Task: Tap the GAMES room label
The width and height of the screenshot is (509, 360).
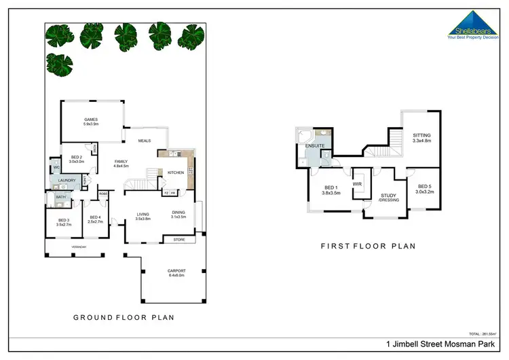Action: pos(91,122)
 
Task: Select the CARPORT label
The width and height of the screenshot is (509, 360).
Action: pos(176,273)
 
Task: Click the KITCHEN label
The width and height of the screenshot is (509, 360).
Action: pos(176,173)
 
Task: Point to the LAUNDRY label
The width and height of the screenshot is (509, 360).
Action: pos(67,180)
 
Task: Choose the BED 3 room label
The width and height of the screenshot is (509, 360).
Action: pos(64,221)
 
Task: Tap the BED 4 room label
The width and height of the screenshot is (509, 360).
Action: pos(96,219)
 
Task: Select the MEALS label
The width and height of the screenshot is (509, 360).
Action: pos(144,141)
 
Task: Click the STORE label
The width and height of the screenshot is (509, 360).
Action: pos(179,239)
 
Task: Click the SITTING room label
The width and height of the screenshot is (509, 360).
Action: pos(421,138)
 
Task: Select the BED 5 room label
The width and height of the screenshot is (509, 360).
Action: pos(425,189)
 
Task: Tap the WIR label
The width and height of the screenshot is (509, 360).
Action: pos(357,184)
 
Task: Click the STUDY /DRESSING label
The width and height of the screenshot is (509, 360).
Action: pos(388,198)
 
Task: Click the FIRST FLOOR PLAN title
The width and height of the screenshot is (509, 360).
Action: pos(368,246)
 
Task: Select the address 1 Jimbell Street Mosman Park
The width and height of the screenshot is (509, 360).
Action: pos(446,344)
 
